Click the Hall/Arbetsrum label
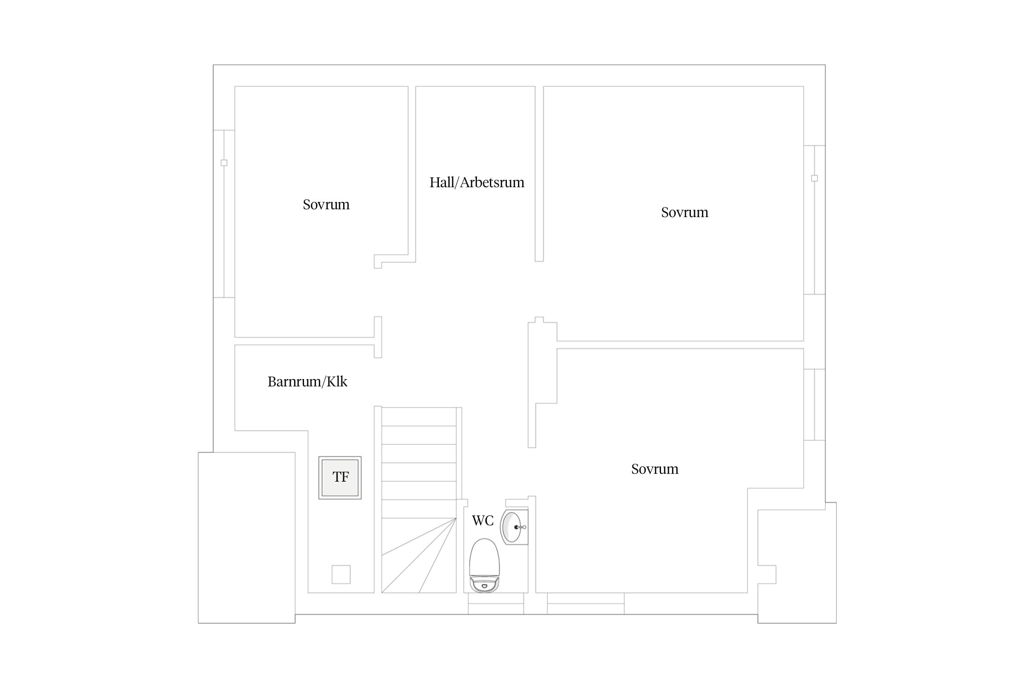[477, 183]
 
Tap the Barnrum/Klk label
[307, 382]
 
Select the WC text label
[483, 520]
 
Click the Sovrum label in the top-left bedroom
[326, 205]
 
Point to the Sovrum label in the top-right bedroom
[684, 213]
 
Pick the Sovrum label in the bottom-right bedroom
[655, 469]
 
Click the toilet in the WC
[484, 565]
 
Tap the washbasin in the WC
[514, 527]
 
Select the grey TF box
[340, 477]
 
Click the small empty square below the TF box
[341, 574]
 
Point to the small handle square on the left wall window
[224, 163]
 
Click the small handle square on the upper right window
[814, 178]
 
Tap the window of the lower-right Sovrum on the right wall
[814, 405]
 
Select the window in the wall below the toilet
[496, 604]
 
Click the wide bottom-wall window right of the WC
[586, 604]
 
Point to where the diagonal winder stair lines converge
[456, 518]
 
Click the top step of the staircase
[419, 417]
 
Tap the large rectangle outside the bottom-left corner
[247, 538]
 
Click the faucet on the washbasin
[520, 527]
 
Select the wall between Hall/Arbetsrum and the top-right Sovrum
[539, 174]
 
